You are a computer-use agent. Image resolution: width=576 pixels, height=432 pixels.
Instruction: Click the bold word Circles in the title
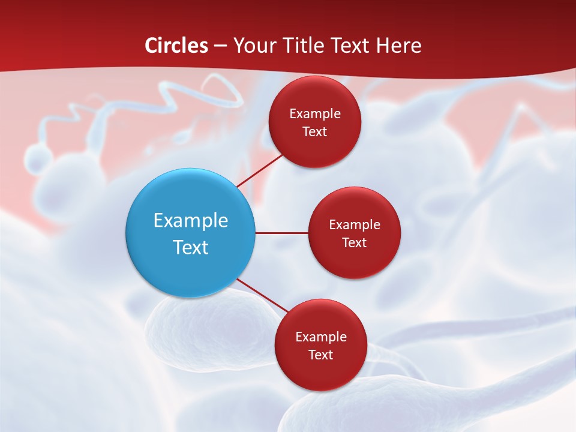coord(176,46)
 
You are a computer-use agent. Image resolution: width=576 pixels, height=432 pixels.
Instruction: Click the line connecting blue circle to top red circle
coord(259,170)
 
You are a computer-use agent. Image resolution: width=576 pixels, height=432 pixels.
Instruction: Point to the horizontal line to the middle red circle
coord(282,233)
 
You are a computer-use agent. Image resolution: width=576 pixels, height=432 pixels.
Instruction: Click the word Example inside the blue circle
coord(190,221)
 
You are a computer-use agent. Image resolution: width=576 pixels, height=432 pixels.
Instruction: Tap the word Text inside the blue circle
coord(190,247)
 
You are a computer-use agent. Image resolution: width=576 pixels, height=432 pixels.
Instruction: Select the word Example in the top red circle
coord(314,114)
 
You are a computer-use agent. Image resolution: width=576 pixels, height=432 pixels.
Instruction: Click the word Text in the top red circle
coord(314,132)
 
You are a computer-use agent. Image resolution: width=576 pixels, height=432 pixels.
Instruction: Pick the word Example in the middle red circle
coord(354,225)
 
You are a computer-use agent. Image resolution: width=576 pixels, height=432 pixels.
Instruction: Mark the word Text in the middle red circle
coord(354,243)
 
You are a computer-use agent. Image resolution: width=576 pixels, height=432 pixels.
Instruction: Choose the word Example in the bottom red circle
coord(320,337)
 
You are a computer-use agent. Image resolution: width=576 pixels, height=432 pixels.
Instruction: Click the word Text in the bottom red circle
coord(320,355)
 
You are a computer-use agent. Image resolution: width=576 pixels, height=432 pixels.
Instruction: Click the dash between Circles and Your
coord(220,46)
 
